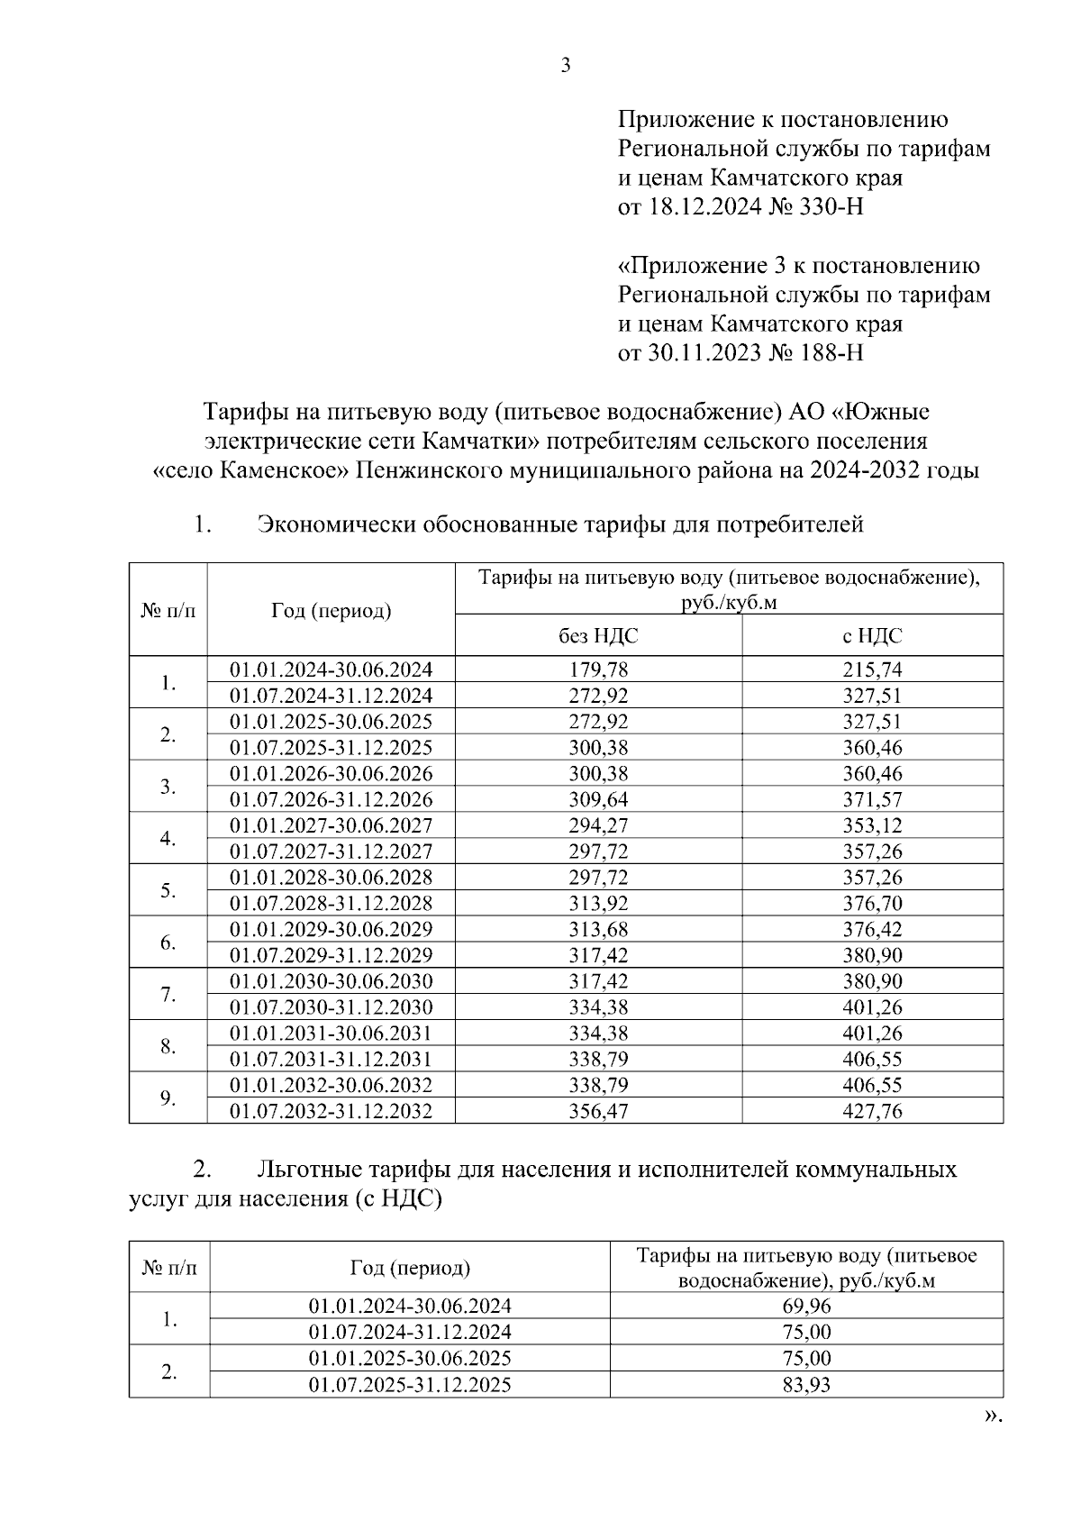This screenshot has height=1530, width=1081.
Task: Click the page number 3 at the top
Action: [x=566, y=66]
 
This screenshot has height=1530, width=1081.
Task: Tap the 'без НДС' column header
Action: [x=598, y=636]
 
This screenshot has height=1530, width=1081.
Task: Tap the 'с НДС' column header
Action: [x=872, y=636]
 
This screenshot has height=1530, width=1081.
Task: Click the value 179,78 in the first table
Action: [x=598, y=669]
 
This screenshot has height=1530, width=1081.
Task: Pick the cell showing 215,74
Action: [x=872, y=669]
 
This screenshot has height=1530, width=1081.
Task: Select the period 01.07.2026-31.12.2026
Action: [x=331, y=799]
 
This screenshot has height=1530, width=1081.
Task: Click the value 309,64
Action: [x=598, y=799]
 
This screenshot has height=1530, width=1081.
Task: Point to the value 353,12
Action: [x=872, y=825]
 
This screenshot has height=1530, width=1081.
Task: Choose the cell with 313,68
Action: [x=598, y=929]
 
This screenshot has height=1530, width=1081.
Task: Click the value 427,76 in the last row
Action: [x=872, y=1111]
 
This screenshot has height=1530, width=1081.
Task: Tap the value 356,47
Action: [x=598, y=1111]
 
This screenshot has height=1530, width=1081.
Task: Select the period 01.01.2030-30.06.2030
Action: [x=331, y=981]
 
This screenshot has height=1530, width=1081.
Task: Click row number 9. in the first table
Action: [x=168, y=1097]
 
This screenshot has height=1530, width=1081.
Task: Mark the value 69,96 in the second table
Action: [x=806, y=1306]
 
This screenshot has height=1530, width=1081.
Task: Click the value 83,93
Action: [x=806, y=1384]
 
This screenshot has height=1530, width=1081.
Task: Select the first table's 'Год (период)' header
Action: [x=331, y=611]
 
